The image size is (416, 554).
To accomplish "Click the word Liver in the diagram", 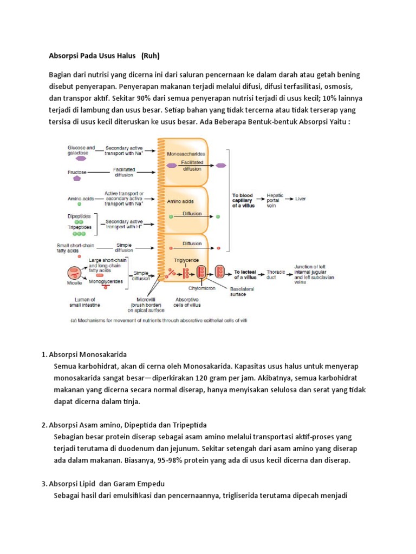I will click(x=301, y=199).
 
